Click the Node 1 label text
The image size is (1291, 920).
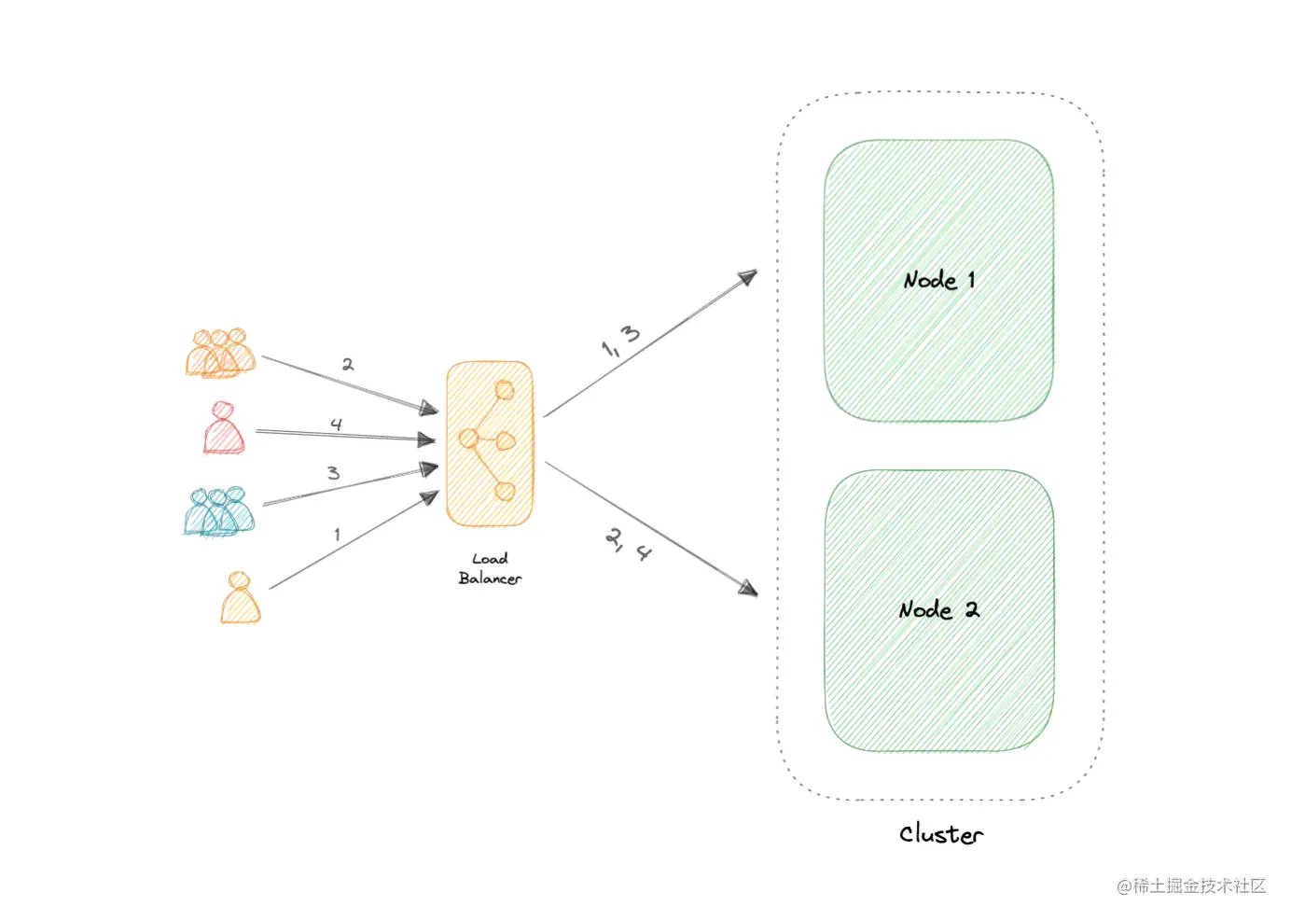pyautogui.click(x=938, y=280)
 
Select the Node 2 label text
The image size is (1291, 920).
pyautogui.click(x=938, y=610)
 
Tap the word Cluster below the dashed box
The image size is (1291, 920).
pyautogui.click(x=940, y=834)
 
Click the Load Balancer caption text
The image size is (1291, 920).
pyautogui.click(x=490, y=568)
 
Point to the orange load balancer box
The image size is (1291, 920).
pyautogui.click(x=490, y=444)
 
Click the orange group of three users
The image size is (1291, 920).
pyautogui.click(x=220, y=354)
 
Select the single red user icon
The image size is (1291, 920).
pyautogui.click(x=224, y=428)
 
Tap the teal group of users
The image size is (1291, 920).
pyautogui.click(x=218, y=512)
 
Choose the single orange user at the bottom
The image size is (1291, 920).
pyautogui.click(x=241, y=599)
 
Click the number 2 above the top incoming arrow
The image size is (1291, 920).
pyautogui.click(x=347, y=364)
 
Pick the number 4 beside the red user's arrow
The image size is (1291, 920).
pyautogui.click(x=336, y=425)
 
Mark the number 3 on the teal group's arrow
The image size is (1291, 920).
pyautogui.click(x=333, y=473)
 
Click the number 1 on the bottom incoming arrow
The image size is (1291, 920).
pyautogui.click(x=337, y=535)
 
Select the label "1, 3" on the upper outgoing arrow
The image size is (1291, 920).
pyautogui.click(x=621, y=341)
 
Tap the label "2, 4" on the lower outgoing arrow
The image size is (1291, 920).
pyautogui.click(x=628, y=544)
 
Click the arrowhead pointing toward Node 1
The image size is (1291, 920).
pyautogui.click(x=747, y=277)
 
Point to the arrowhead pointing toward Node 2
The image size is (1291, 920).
pyautogui.click(x=748, y=588)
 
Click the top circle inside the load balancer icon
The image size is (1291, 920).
pyautogui.click(x=505, y=390)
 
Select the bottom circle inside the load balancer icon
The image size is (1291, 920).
pyautogui.click(x=505, y=491)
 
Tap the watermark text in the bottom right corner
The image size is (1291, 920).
pyautogui.click(x=1191, y=885)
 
